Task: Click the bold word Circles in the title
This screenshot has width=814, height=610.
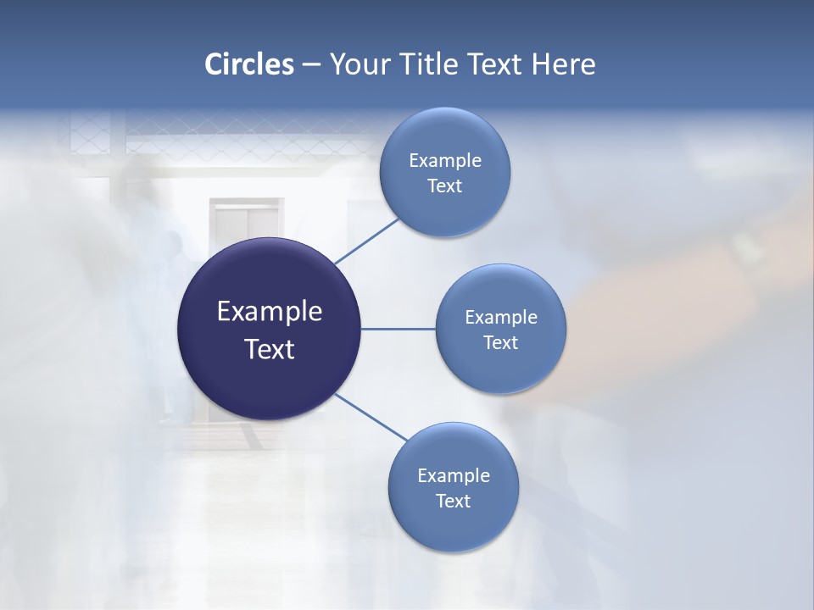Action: [x=248, y=64]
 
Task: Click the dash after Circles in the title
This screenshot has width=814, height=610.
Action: [x=311, y=65]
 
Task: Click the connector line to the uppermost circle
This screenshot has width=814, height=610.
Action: [x=368, y=241]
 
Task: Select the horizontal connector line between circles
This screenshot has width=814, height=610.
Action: [x=398, y=329]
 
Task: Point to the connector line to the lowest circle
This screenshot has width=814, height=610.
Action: [x=371, y=417]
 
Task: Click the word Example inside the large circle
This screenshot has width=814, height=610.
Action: [x=270, y=312]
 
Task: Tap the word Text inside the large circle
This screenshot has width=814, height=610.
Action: [x=270, y=349]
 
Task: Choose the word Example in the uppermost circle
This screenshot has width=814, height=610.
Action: [x=445, y=160]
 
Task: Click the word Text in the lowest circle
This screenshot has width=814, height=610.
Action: [x=453, y=501]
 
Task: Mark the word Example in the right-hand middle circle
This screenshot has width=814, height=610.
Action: [x=501, y=317]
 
